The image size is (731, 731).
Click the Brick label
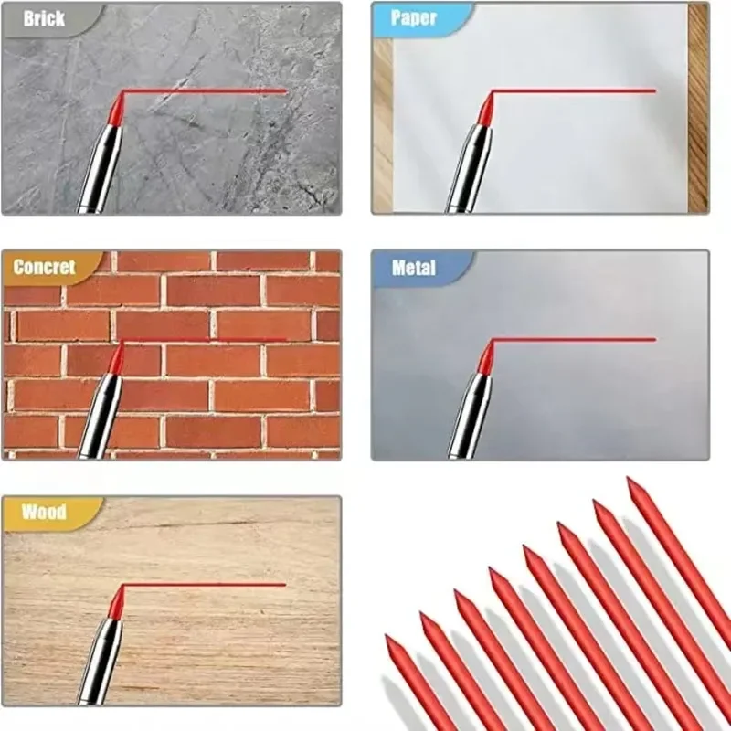tap(44, 18)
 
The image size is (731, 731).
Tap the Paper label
tap(413, 18)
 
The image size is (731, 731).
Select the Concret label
tap(44, 267)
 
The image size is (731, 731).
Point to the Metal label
tap(413, 268)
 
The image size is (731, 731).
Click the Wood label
tap(44, 512)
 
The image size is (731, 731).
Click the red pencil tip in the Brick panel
tap(116, 110)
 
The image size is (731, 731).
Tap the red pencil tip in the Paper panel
tap(485, 110)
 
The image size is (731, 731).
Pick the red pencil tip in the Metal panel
tap(485, 357)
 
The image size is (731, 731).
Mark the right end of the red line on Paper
tap(654, 91)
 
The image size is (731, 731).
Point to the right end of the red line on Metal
tap(654, 340)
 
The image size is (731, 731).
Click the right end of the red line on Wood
tap(285, 585)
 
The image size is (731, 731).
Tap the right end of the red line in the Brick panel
tap(285, 91)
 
